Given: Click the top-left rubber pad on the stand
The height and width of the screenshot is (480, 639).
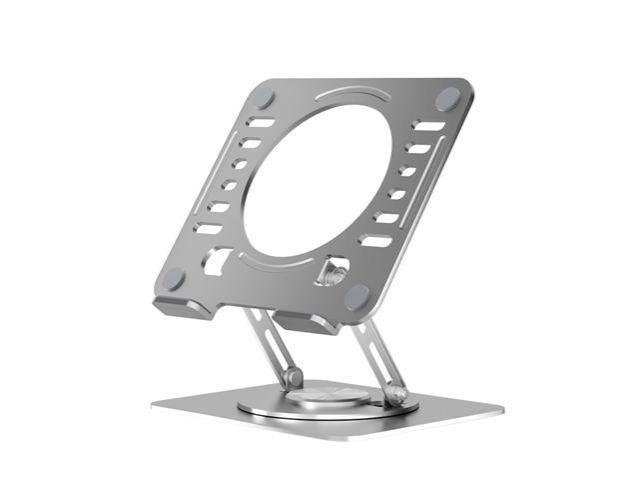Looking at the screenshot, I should pos(264,98).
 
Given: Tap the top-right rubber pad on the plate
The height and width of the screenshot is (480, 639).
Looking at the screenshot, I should pos(448,98).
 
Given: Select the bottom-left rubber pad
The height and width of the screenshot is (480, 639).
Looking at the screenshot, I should pos(174,279).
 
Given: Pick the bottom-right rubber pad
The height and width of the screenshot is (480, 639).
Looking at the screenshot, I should pos(356,295).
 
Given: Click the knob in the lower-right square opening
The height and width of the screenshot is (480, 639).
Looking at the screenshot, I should pos(334,272).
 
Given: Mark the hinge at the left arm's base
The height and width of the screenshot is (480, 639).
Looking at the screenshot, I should pos(292,378).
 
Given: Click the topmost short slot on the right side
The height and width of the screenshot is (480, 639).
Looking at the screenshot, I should pos(429,127).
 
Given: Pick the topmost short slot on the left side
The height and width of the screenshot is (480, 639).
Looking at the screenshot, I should pos(261,122).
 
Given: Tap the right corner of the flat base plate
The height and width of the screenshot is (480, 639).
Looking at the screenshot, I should pos(500,408).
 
